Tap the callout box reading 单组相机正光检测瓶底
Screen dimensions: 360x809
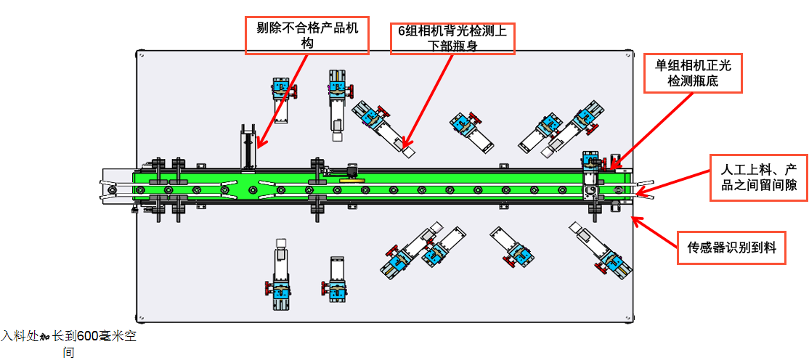[693, 73]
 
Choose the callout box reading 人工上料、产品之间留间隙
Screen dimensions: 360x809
[758, 176]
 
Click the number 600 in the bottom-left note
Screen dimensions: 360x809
[88, 337]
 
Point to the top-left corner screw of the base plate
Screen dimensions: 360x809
[140, 53]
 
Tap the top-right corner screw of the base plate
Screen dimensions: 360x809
[628, 53]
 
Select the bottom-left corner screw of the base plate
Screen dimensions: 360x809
[140, 319]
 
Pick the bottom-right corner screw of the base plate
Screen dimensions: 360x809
[628, 319]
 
